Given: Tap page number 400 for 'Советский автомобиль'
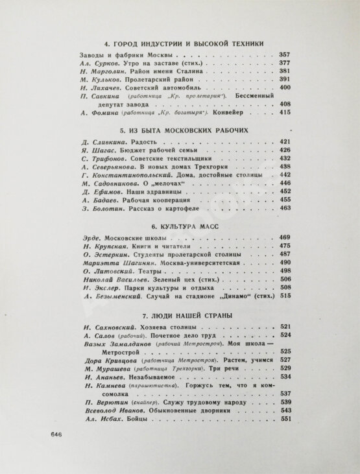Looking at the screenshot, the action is click(284, 87).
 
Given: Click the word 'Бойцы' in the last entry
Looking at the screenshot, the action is click(138, 420).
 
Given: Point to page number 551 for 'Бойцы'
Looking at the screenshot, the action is click(284, 420).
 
